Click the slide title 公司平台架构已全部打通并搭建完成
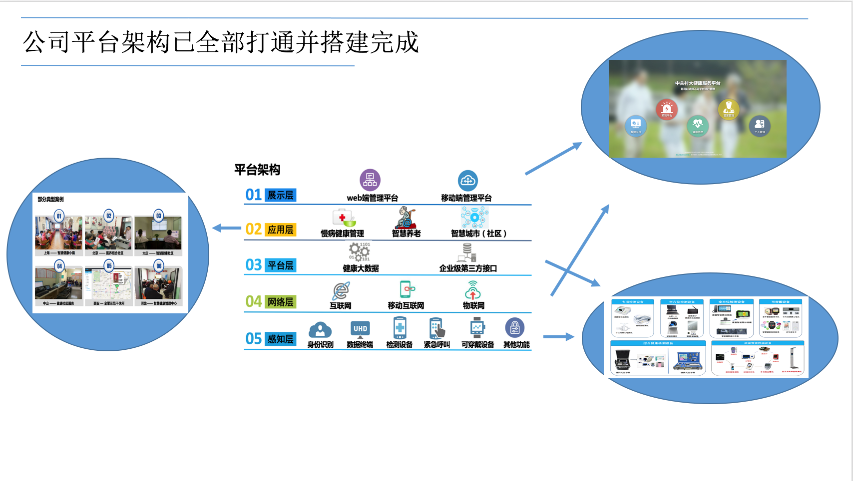point(220,42)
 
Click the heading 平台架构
point(257,170)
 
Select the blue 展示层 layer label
point(280,195)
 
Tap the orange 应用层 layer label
point(280,230)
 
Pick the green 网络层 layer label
point(280,302)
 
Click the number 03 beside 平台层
point(254,265)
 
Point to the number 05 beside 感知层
point(254,339)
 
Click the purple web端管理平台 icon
point(370,180)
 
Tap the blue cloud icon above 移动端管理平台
point(467,181)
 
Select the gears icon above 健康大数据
point(360,251)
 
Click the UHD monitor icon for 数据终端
point(360,329)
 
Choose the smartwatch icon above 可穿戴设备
point(477,328)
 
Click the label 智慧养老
point(406,234)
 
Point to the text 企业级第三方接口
point(468,268)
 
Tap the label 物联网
point(473,305)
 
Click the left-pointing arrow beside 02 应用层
point(227,228)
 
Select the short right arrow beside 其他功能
point(558,337)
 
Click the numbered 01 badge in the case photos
point(59,216)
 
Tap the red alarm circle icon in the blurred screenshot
point(667,108)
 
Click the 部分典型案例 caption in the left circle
point(50,199)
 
